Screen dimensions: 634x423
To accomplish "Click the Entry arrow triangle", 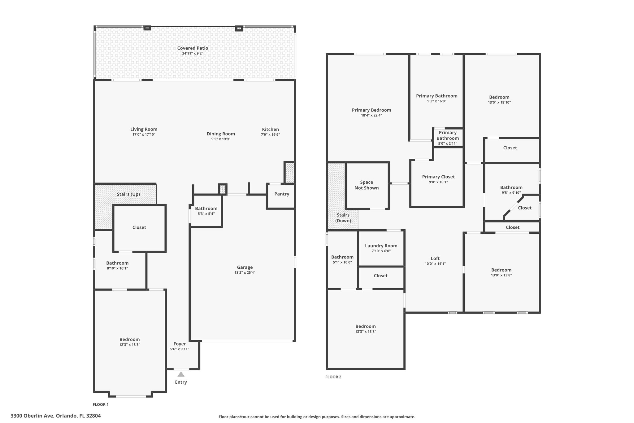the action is [181, 374].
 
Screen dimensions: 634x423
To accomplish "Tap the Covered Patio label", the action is [193, 48].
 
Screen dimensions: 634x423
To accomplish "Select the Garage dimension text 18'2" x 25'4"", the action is [245, 273].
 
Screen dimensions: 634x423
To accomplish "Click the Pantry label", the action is [282, 194].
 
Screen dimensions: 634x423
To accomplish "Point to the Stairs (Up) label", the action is [128, 194].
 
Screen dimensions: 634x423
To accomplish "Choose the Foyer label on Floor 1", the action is [180, 344].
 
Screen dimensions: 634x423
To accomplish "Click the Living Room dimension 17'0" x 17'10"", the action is [144, 134].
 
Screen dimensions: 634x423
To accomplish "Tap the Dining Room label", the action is [221, 134].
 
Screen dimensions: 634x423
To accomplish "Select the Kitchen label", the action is [270, 129].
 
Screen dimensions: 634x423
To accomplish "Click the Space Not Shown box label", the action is [367, 185].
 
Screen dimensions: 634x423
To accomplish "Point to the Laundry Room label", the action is [381, 246].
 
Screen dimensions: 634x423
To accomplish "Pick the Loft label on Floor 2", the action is [435, 258].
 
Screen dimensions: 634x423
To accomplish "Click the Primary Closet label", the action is [438, 177].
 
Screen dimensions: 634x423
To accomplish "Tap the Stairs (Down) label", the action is [343, 218].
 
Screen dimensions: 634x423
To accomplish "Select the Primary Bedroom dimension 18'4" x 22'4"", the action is [371, 115].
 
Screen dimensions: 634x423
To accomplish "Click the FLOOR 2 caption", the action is [333, 377].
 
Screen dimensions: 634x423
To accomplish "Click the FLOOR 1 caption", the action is [101, 404].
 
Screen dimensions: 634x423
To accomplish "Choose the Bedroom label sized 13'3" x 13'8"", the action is [366, 326].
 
